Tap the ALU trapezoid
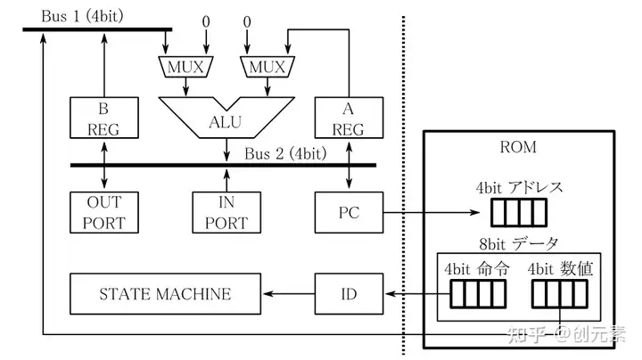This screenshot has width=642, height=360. pos(226,119)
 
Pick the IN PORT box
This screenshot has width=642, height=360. pos(226,213)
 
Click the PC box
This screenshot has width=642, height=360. pos(349,213)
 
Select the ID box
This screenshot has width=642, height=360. pos(349,294)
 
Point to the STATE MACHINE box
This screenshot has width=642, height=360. pos(165,294)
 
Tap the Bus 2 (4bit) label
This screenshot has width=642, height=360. pos(285,152)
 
